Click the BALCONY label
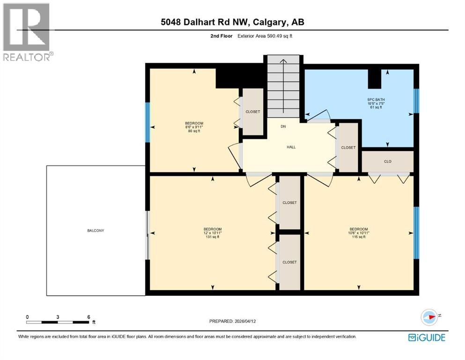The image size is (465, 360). [x=95, y=231]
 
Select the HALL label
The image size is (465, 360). [x=291, y=147]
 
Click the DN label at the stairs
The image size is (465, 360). [x=283, y=127]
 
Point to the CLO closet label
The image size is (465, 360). [x=387, y=162]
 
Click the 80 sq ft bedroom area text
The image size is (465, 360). [x=193, y=131]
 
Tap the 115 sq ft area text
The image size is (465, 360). [x=359, y=237]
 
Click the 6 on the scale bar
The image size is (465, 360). [x=89, y=317]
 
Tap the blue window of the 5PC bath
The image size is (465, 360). [x=416, y=100]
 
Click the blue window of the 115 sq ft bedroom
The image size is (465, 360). [x=416, y=232]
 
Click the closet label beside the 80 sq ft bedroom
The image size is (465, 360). [x=253, y=112]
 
